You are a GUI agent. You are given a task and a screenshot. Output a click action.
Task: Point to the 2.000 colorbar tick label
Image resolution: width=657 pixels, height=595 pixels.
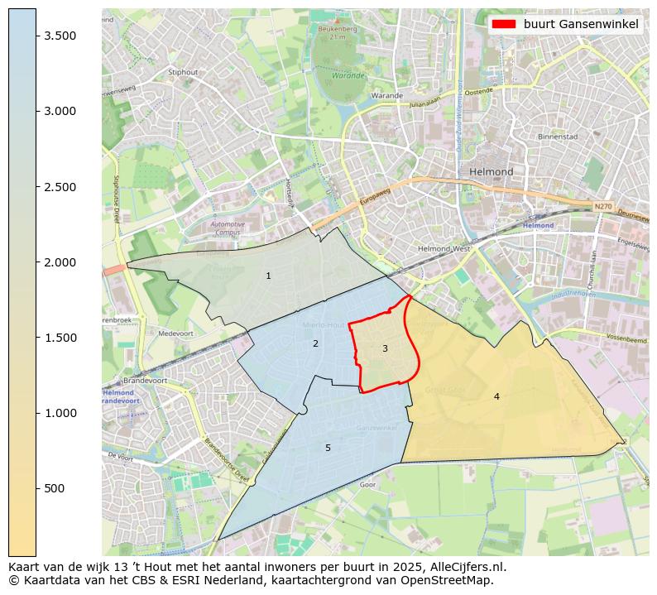tap(60, 262)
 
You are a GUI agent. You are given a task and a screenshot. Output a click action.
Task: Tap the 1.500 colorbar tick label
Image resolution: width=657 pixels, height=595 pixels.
tap(60, 338)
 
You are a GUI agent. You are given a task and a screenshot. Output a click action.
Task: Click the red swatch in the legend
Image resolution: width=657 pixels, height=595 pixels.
tap(503, 24)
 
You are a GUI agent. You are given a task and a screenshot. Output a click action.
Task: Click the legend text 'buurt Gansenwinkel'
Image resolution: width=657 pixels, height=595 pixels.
tap(581, 24)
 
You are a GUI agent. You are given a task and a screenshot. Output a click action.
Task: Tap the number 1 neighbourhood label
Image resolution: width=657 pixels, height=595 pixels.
tap(268, 276)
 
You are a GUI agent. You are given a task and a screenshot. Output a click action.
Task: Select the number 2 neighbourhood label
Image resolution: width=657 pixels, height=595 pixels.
tap(315, 343)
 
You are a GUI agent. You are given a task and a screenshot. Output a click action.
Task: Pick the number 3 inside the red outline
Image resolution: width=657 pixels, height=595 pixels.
tap(385, 348)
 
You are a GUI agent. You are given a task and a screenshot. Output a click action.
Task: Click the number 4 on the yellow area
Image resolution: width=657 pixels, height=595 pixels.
tap(496, 396)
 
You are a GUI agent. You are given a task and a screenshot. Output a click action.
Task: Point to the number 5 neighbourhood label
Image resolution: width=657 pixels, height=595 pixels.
tap(328, 448)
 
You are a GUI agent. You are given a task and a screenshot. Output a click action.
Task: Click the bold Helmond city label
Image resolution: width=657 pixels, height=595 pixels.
tap(492, 171)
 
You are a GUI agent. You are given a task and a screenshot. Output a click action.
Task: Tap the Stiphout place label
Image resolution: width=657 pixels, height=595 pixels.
tap(184, 72)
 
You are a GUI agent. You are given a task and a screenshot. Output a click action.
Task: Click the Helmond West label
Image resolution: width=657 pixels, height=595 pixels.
tap(444, 248)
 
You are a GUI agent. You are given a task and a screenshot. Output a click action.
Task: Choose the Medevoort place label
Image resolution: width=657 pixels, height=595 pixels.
tap(175, 333)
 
